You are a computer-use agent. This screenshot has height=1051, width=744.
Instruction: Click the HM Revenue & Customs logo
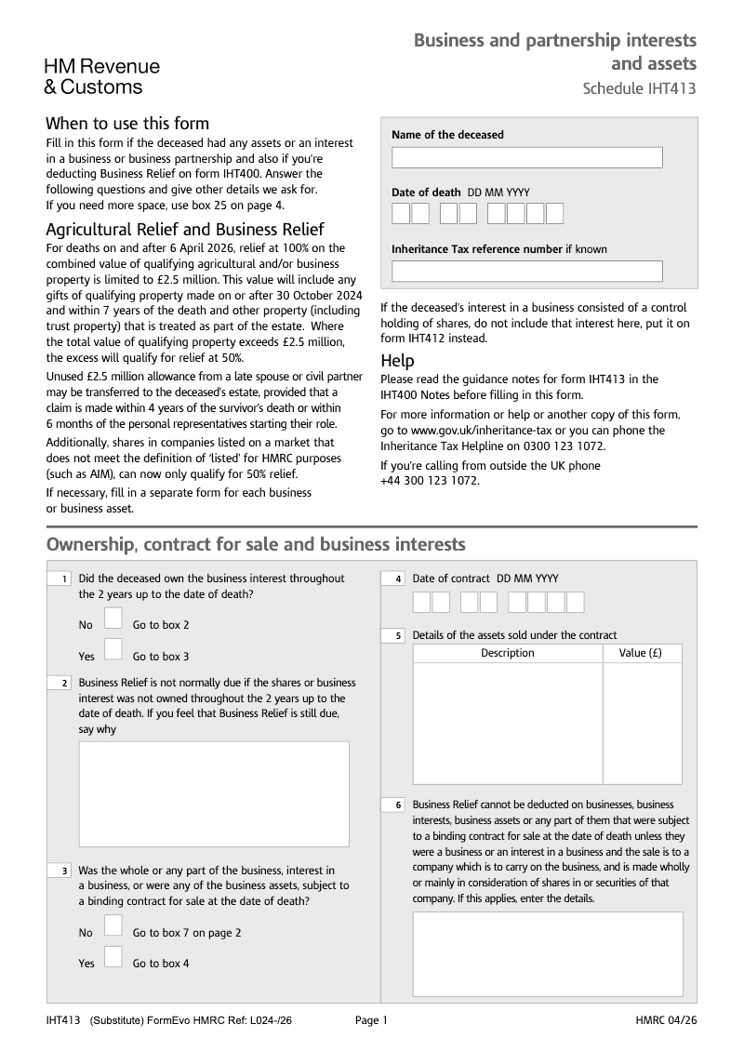(x=102, y=76)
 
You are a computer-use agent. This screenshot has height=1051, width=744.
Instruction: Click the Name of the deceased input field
(x=526, y=157)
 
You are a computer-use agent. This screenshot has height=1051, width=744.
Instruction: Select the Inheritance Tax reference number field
(x=526, y=271)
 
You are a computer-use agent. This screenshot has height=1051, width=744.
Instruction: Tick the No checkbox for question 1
(x=113, y=619)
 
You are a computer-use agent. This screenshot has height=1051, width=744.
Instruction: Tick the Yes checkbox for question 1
(x=113, y=649)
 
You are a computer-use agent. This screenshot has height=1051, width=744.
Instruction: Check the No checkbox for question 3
(x=113, y=925)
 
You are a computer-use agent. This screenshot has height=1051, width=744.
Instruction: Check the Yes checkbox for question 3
(x=113, y=956)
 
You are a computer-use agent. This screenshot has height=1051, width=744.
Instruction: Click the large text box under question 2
(x=214, y=793)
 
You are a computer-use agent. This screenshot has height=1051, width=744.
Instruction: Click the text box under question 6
(x=547, y=952)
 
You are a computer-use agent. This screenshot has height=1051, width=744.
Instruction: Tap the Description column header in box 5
(x=508, y=653)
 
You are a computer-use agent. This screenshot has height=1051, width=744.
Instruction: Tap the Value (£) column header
(x=641, y=653)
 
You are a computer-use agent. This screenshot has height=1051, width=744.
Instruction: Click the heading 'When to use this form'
(x=127, y=124)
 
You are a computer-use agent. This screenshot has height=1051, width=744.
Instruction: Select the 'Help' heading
(x=397, y=361)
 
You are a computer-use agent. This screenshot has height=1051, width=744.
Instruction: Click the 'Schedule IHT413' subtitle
(x=639, y=89)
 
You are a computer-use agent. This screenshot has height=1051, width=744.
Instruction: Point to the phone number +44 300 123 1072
(x=430, y=481)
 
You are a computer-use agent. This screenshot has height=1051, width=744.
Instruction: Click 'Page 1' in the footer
(x=371, y=1020)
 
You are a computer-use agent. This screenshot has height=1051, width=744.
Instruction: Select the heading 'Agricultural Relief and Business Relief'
(x=185, y=230)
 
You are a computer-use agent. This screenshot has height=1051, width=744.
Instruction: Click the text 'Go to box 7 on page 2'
(x=187, y=933)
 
